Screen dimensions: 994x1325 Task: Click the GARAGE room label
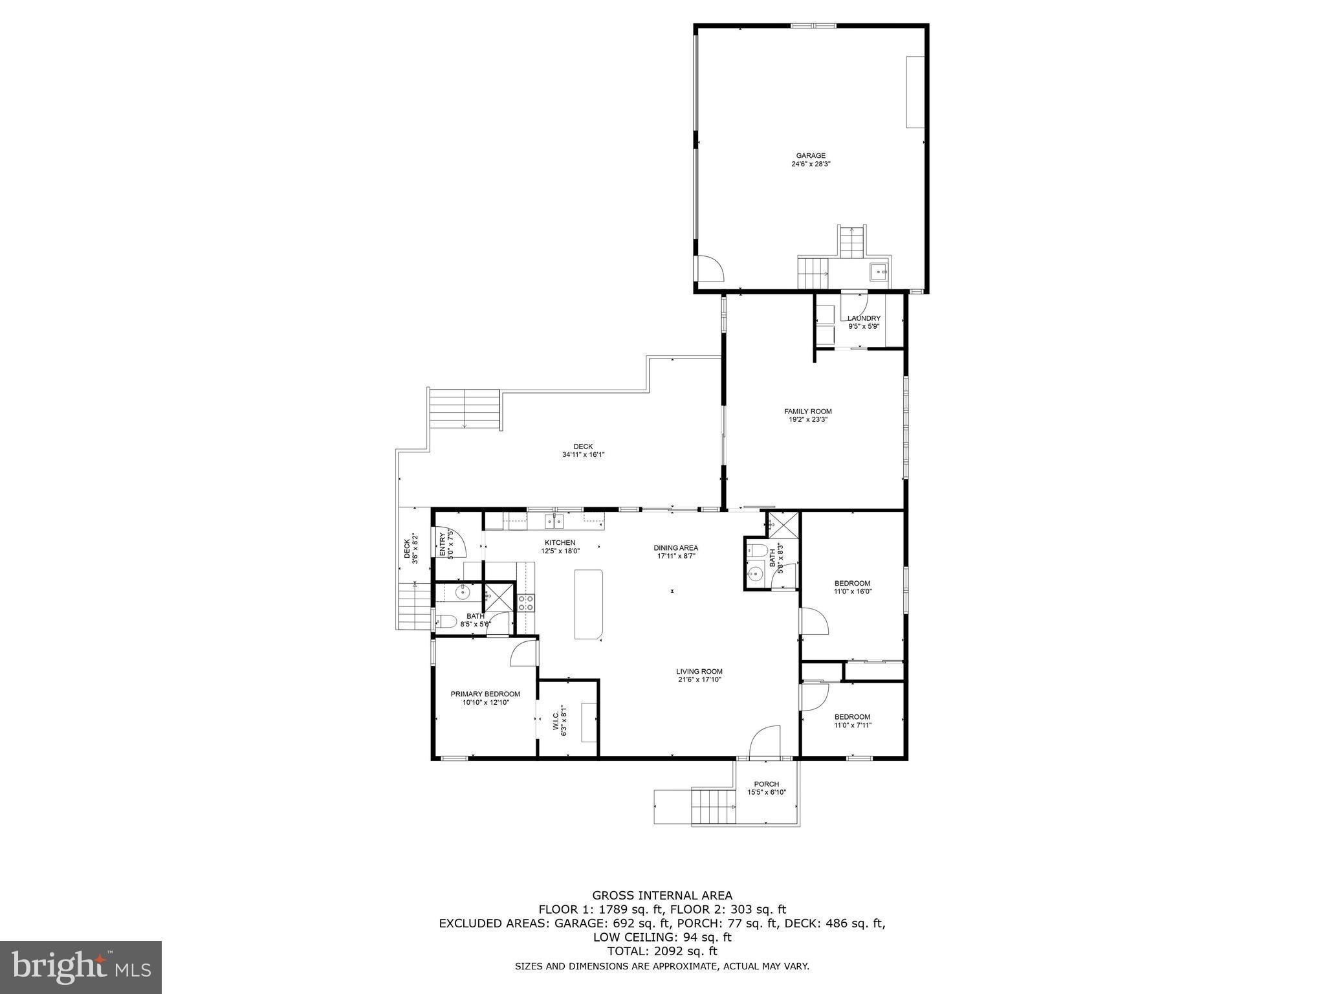click(x=810, y=160)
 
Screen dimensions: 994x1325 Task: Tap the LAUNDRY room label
click(x=864, y=322)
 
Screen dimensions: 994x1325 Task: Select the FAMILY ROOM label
click(x=807, y=415)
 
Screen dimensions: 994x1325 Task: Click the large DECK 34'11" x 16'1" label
click(x=583, y=450)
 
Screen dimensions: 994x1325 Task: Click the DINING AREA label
click(x=675, y=551)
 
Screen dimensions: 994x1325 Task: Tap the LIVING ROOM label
click(x=699, y=676)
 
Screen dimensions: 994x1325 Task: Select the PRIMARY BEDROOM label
click(x=485, y=698)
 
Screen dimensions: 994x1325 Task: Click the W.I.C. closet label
click(x=560, y=720)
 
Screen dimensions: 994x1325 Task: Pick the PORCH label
click(x=766, y=788)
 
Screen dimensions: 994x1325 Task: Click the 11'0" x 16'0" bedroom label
click(x=852, y=587)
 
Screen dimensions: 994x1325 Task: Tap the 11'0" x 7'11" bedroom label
click(x=852, y=720)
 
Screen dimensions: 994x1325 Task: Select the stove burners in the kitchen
click(x=526, y=603)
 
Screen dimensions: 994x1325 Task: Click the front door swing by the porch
click(x=765, y=741)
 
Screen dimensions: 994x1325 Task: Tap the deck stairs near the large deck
click(x=465, y=410)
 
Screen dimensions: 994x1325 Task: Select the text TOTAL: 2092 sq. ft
click(x=662, y=951)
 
